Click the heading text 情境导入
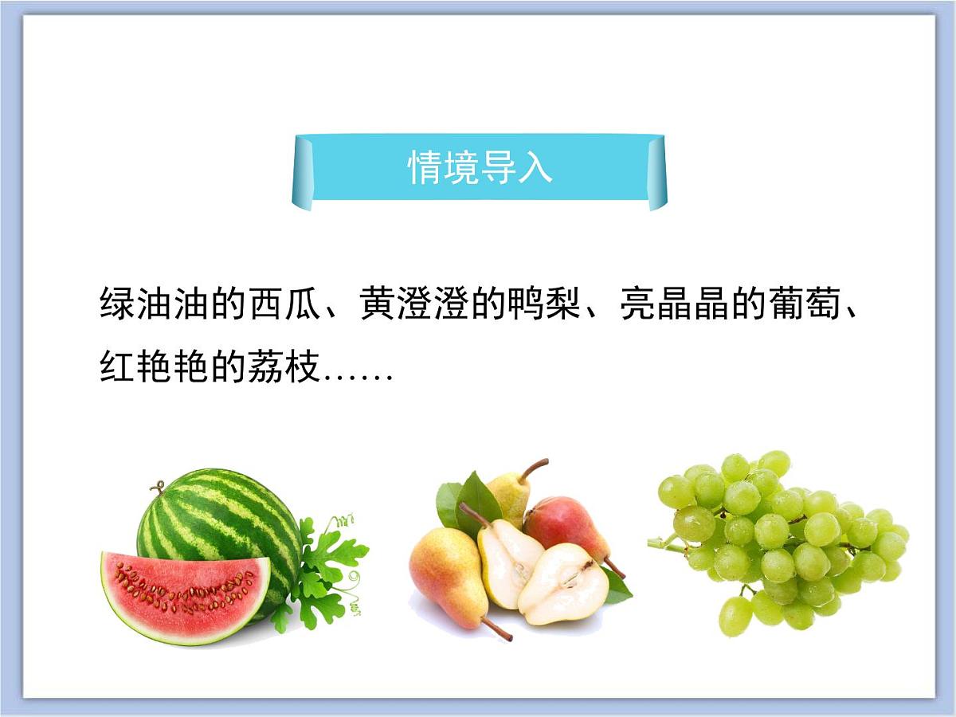pyautogui.click(x=480, y=168)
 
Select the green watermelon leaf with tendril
pyautogui.click(x=327, y=566)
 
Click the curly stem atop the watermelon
pyautogui.click(x=159, y=486)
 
